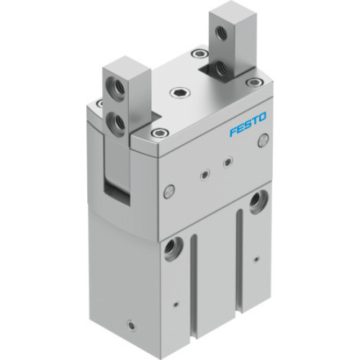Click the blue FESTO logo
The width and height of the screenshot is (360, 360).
click(248, 124)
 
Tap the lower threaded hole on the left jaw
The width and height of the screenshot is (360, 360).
click(114, 119)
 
